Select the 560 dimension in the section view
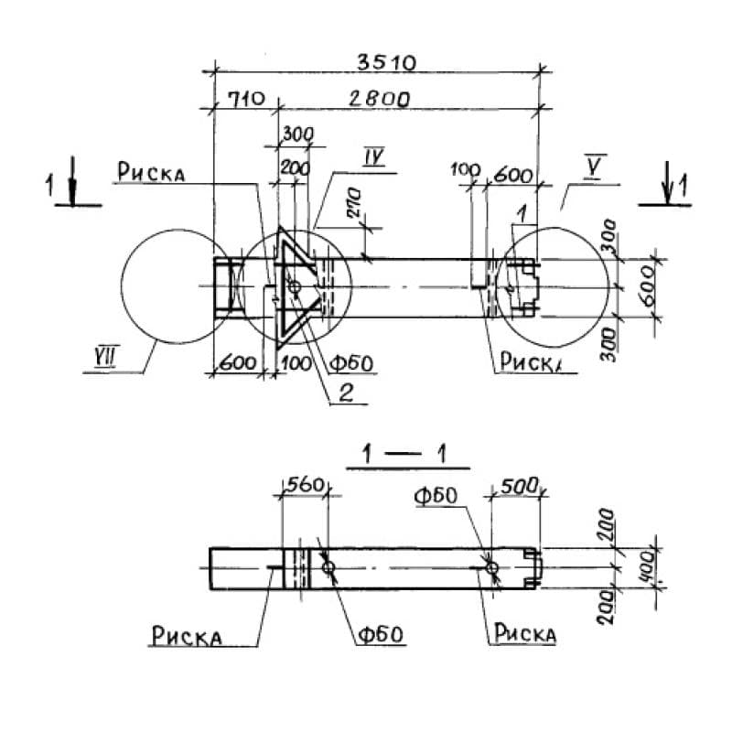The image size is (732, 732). click(305, 486)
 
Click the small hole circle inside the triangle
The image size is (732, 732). click(294, 288)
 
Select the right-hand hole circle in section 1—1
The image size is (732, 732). click(493, 568)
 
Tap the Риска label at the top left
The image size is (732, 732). click(151, 172)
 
